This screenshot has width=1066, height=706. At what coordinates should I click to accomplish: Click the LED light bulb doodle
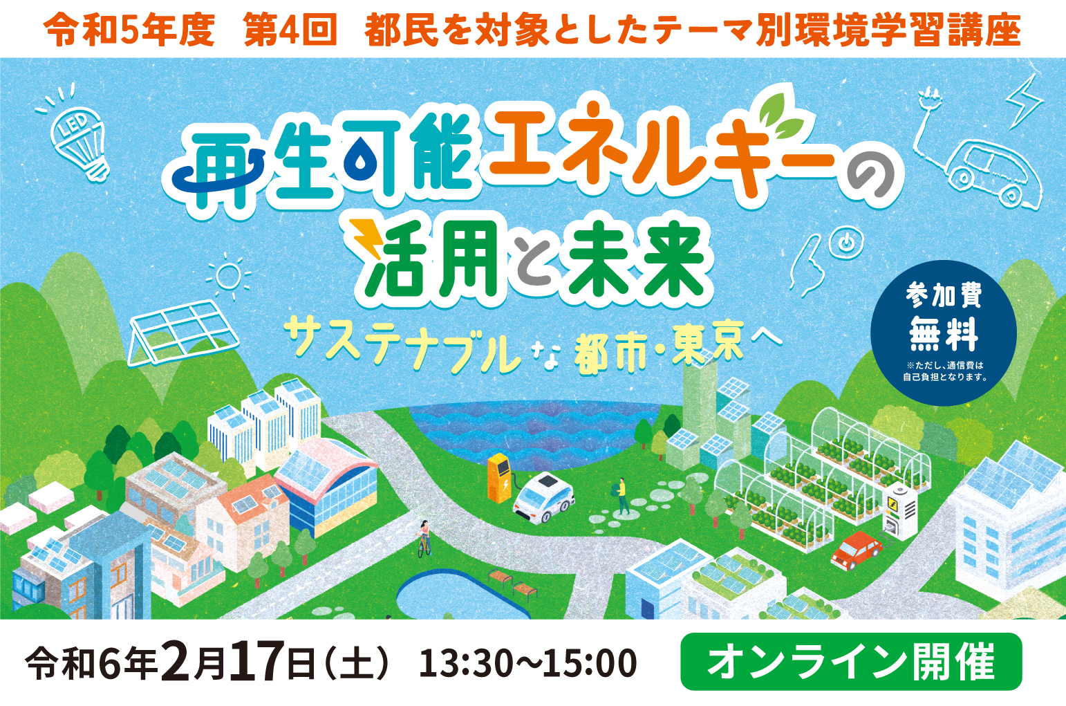pos(79,138)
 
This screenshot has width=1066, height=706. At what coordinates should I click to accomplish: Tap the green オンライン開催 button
pos(852,662)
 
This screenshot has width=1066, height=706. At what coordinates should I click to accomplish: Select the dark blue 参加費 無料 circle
pos(943,333)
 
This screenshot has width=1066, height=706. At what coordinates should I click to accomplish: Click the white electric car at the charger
pos(543,498)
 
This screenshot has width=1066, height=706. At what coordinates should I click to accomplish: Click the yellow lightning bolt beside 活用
pos(366,238)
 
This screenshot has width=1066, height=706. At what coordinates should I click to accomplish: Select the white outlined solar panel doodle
pos(184,333)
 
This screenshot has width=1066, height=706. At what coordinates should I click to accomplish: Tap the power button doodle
pos(845,243)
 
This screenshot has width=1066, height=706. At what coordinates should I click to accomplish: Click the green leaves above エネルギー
pos(781,113)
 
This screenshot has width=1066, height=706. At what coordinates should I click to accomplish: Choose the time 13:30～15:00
pos(527,662)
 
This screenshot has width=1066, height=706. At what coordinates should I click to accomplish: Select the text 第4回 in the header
pos(290,30)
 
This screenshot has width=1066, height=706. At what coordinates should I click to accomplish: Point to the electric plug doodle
pos(928,102)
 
